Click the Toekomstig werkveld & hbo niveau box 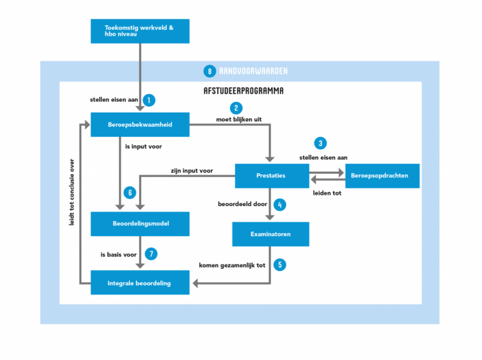pyautogui.click(x=140, y=31)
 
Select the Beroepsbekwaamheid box pyautogui.click(x=140, y=124)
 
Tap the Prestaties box pyautogui.click(x=271, y=176)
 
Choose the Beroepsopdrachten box pyautogui.click(x=382, y=176)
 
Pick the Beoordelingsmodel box pyautogui.click(x=140, y=224)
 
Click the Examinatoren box pyautogui.click(x=271, y=234)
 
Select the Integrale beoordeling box pyautogui.click(x=140, y=283)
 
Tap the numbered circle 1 pyautogui.click(x=149, y=100)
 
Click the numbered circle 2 pyautogui.click(x=236, y=108)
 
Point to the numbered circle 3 pyautogui.click(x=319, y=143)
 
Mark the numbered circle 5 pyautogui.click(x=280, y=265)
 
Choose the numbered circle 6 pyautogui.click(x=130, y=192)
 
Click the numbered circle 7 pyautogui.click(x=151, y=254)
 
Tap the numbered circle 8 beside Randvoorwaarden pyautogui.click(x=209, y=71)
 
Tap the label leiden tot pyautogui.click(x=327, y=193)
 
